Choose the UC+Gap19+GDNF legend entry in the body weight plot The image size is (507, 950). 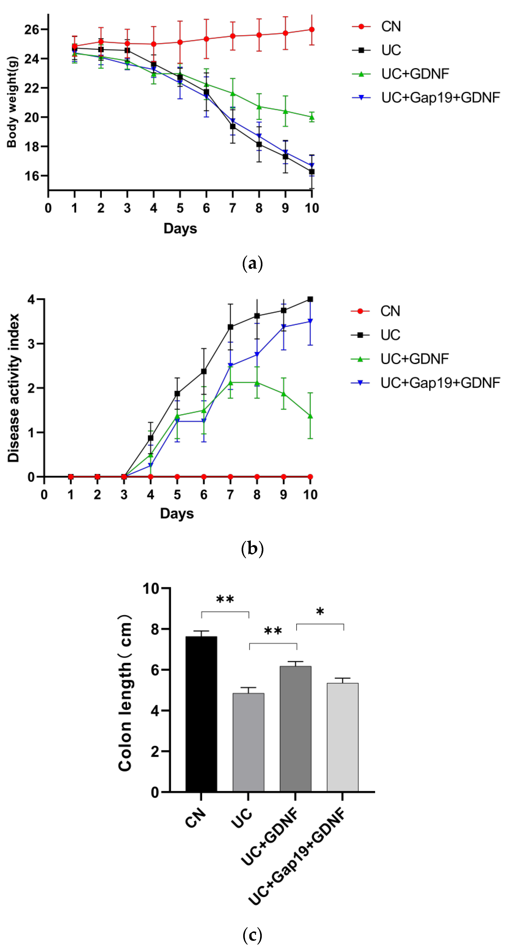[440, 97]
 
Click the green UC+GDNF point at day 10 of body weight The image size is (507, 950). [312, 117]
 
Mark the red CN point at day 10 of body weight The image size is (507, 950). [312, 30]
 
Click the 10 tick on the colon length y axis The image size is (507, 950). [152, 588]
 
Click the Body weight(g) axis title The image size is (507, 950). [12, 102]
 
